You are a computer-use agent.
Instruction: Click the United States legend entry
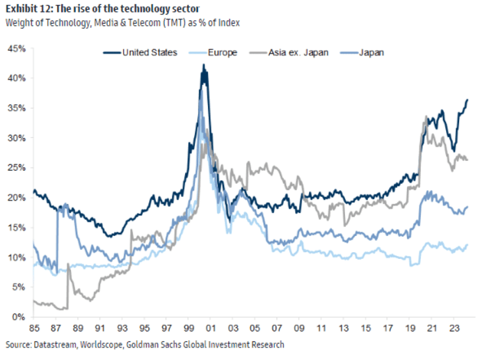click(x=149, y=52)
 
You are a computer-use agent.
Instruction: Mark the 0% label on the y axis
click(x=19, y=317)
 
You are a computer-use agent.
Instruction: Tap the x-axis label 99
click(x=189, y=327)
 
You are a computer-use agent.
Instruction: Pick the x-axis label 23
click(x=453, y=327)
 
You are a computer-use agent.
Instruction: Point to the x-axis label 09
click(x=299, y=327)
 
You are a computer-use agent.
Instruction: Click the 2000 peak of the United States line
click(x=203, y=65)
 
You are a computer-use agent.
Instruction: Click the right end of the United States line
click(x=467, y=100)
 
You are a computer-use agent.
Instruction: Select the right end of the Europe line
click(x=467, y=245)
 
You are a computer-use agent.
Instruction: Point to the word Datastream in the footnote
click(x=56, y=345)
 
